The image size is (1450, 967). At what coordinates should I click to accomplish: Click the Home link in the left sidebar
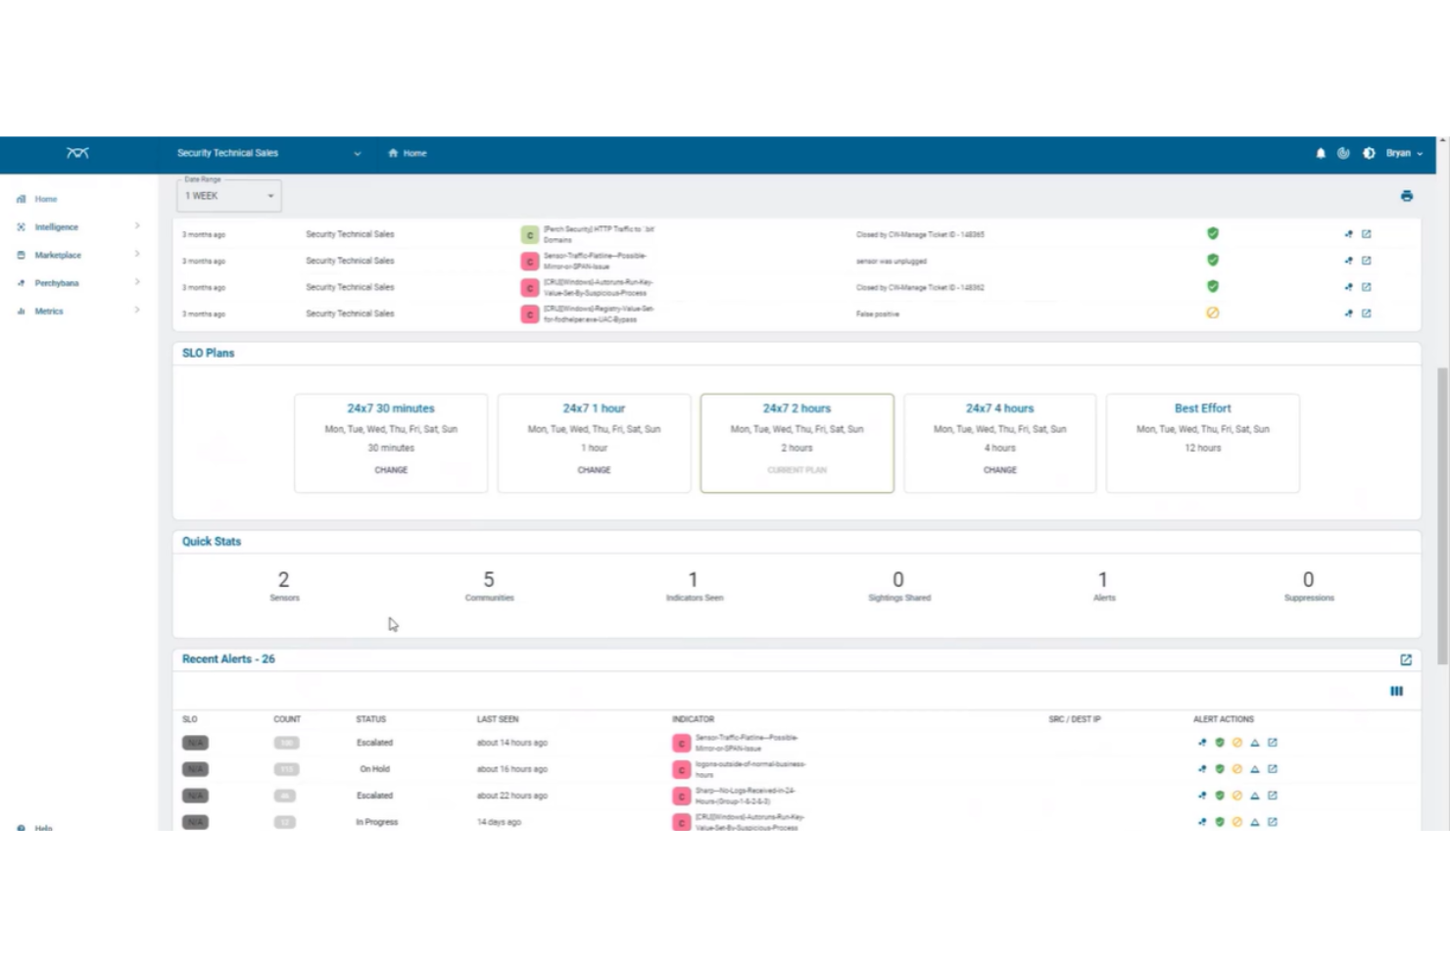pyautogui.click(x=45, y=199)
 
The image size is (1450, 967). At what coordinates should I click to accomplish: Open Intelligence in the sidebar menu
pyautogui.click(x=56, y=227)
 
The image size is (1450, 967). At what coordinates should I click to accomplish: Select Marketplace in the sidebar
pyautogui.click(x=58, y=255)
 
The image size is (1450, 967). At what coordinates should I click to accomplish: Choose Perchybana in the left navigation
pyautogui.click(x=56, y=283)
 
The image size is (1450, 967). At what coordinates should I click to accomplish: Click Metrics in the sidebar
pyautogui.click(x=48, y=312)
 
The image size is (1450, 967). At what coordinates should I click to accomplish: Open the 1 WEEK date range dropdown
pyautogui.click(x=229, y=196)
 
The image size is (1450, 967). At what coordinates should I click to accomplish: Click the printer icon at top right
pyautogui.click(x=1406, y=196)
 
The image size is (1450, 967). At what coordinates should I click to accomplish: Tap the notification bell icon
pyautogui.click(x=1320, y=154)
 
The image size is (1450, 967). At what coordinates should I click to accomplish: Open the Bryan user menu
pyautogui.click(x=1403, y=154)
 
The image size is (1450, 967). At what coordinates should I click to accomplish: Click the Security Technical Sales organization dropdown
pyautogui.click(x=267, y=154)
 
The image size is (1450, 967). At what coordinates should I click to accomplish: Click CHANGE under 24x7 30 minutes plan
pyautogui.click(x=391, y=470)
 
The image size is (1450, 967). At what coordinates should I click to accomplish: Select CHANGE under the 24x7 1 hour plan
pyautogui.click(x=594, y=470)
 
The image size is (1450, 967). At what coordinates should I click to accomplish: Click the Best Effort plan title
pyautogui.click(x=1202, y=409)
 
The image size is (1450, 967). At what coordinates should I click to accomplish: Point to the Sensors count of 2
pyautogui.click(x=283, y=580)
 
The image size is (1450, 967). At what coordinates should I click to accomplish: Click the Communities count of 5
pyautogui.click(x=489, y=580)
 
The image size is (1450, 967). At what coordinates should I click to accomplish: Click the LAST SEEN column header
pyautogui.click(x=498, y=719)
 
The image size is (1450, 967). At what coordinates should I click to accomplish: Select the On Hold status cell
pyautogui.click(x=374, y=769)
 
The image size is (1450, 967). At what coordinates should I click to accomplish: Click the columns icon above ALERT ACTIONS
pyautogui.click(x=1396, y=692)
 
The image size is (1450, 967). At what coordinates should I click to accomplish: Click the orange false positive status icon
pyautogui.click(x=1212, y=314)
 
